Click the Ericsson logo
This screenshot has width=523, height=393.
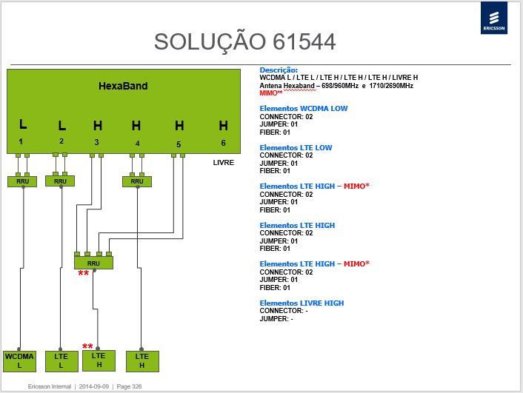pyautogui.click(x=493, y=18)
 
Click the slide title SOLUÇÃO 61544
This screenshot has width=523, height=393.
pyautogui.click(x=244, y=42)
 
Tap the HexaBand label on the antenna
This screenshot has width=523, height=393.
pyautogui.click(x=123, y=86)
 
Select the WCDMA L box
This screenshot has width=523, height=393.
pyautogui.click(x=20, y=361)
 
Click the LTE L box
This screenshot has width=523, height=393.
pyautogui.click(x=61, y=361)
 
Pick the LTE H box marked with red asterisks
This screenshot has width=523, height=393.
pyautogui.click(x=99, y=360)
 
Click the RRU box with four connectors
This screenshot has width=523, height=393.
pyautogui.click(x=93, y=263)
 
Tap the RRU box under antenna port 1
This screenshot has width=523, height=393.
pyautogui.click(x=22, y=181)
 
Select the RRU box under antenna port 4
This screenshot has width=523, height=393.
pyautogui.click(x=137, y=181)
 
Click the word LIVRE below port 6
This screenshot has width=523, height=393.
pyautogui.click(x=224, y=163)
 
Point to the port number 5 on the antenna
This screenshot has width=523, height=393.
pyautogui.click(x=179, y=144)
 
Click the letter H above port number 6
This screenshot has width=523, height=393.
pyautogui.click(x=224, y=126)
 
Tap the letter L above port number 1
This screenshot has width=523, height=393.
pyautogui.click(x=23, y=124)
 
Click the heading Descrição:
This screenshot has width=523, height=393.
pyautogui.click(x=279, y=70)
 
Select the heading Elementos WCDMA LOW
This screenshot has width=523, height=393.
pyautogui.click(x=304, y=108)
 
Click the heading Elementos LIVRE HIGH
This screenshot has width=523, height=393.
pyautogui.click(x=302, y=303)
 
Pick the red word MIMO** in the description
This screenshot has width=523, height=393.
pyautogui.click(x=271, y=93)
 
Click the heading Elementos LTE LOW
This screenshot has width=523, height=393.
pyautogui.click(x=296, y=148)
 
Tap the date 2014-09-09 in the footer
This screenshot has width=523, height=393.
pyautogui.click(x=94, y=386)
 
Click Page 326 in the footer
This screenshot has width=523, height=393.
pyautogui.click(x=129, y=386)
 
